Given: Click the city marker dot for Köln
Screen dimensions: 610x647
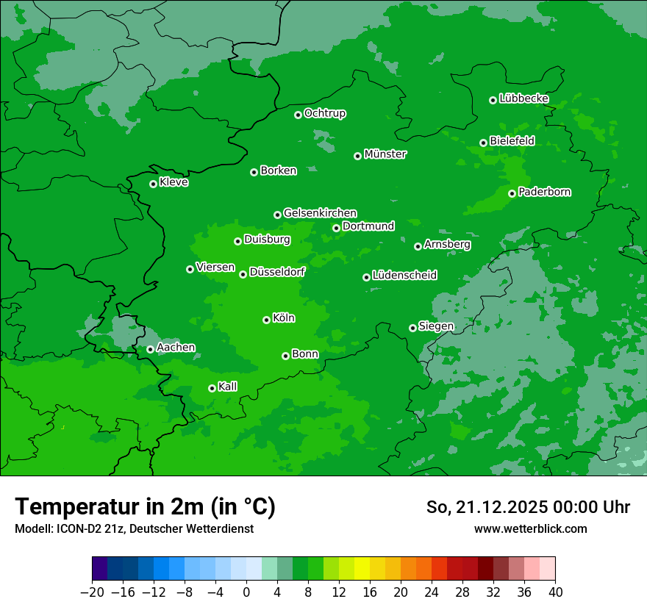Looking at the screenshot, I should [x=266, y=320].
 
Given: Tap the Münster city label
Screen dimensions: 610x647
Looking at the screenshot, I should [x=385, y=154].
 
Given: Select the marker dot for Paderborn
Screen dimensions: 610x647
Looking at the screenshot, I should [x=512, y=193].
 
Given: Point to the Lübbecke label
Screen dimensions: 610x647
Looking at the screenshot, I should [x=523, y=98].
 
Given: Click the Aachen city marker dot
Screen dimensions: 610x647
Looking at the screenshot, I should [x=150, y=349].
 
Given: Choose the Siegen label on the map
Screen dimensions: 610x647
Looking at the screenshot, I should [x=436, y=326].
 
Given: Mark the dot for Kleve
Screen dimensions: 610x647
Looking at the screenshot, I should [x=153, y=184].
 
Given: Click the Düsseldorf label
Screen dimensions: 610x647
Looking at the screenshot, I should [x=276, y=272].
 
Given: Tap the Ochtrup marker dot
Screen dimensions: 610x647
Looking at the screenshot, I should [x=298, y=115].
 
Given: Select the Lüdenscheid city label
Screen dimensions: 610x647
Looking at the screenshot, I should [x=404, y=276].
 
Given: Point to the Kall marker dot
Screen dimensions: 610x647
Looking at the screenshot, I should [x=212, y=388].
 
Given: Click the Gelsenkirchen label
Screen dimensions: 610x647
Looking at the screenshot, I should [x=320, y=213].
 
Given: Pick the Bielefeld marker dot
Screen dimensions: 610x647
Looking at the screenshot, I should [x=483, y=143].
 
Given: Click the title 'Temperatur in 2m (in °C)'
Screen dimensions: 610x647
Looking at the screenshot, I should [x=145, y=506].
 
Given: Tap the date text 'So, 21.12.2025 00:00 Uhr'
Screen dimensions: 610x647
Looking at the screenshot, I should [x=528, y=507].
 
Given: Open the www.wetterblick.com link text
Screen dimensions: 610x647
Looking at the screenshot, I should [x=530, y=528].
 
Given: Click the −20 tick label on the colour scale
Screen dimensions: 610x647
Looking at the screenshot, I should [x=92, y=592].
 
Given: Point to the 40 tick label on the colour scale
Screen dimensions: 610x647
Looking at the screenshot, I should [x=555, y=592].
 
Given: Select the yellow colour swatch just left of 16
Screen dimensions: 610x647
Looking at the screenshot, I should [x=362, y=569].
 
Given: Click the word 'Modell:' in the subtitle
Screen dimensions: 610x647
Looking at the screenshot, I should [x=33, y=529].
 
